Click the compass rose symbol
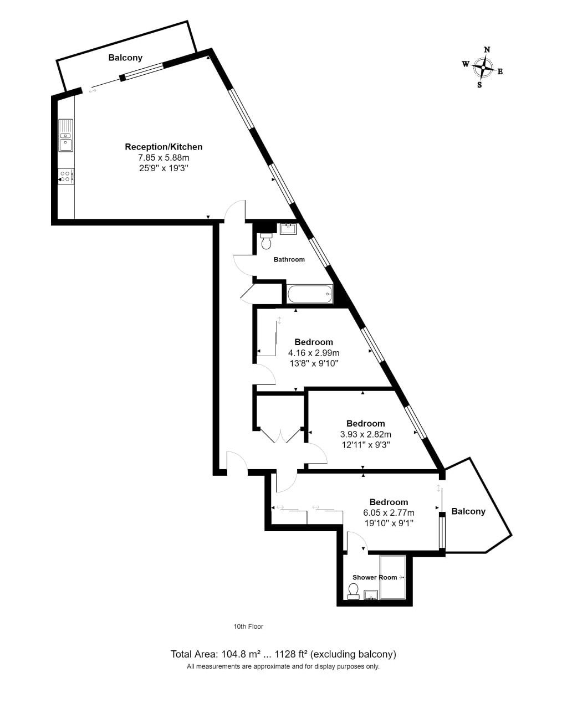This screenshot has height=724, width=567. click(482, 67)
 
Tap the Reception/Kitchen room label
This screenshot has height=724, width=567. click(164, 147)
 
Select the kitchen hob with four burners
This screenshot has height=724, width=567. click(65, 176)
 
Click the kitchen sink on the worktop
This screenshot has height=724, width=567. click(65, 136)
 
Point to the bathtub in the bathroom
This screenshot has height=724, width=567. click(309, 294)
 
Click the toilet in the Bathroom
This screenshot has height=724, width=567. click(267, 242)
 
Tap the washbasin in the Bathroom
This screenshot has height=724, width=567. click(288, 229)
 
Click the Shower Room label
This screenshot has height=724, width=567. click(375, 577)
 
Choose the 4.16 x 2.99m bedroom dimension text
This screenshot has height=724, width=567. click(314, 352)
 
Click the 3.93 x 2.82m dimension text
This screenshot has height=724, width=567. click(366, 434)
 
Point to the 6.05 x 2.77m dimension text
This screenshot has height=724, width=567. click(389, 513)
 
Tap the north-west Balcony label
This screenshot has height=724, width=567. click(125, 58)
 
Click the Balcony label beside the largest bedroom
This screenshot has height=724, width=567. click(468, 511)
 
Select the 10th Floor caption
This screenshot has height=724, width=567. click(248, 627)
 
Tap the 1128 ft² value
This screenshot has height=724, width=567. click(291, 654)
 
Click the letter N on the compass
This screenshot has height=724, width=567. click(487, 50)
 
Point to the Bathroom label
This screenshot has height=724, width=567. click(289, 260)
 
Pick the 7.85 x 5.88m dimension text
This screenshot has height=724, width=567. click(164, 157)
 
